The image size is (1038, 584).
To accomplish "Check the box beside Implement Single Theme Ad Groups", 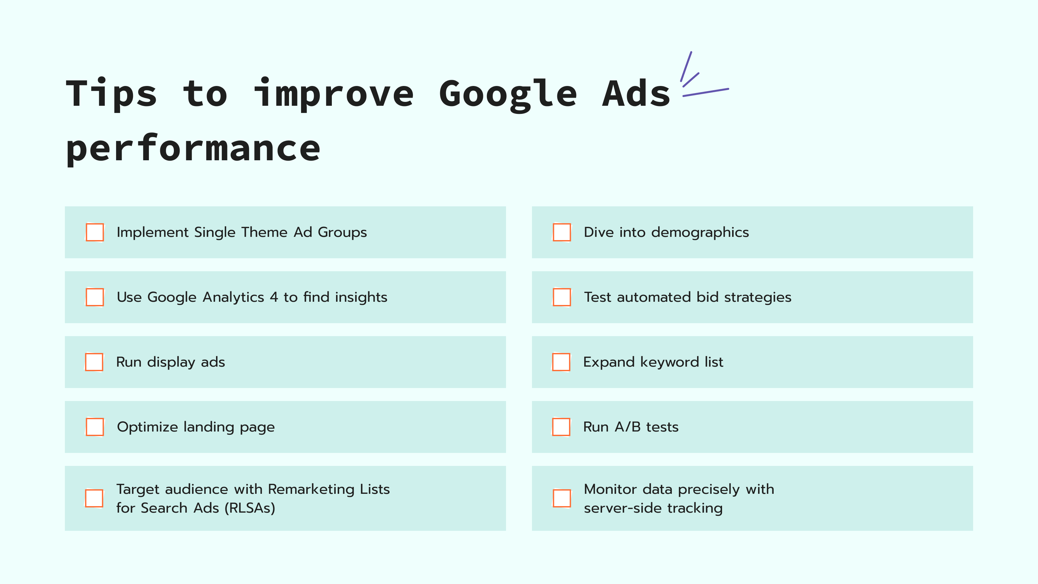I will click(95, 232).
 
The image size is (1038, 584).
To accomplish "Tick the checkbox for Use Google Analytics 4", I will click(95, 297).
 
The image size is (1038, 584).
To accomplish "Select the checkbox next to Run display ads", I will click(94, 362).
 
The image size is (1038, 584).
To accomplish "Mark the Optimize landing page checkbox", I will click(95, 427).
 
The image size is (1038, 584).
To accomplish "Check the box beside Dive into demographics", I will click(562, 232).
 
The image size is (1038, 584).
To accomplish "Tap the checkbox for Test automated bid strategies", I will click(562, 297).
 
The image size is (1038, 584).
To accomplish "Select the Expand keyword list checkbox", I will click(561, 362).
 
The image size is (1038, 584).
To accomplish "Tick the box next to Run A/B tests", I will click(561, 427).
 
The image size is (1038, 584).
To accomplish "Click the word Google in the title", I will click(508, 95).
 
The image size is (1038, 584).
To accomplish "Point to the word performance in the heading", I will click(193, 149).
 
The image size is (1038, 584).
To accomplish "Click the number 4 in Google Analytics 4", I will click(274, 298).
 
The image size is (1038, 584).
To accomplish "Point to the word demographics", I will click(700, 233).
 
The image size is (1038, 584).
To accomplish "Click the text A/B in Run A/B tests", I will click(627, 427).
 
